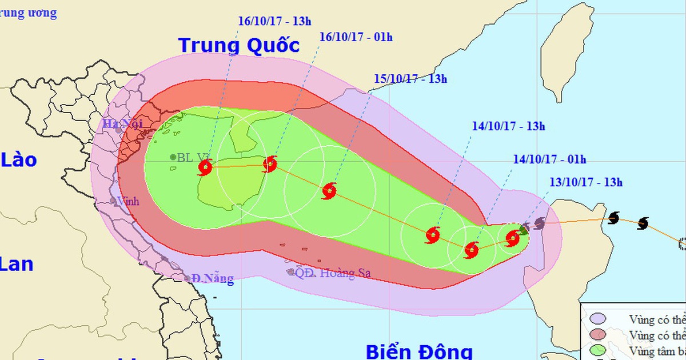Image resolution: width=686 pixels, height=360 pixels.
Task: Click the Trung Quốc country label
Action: pyautogui.click(x=239, y=45)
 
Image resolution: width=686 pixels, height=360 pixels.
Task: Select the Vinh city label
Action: pyautogui.click(x=127, y=201)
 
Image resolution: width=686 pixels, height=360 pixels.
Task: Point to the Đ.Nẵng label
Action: pyautogui.click(x=212, y=279)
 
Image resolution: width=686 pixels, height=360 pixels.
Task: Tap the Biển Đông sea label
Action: pyautogui.click(x=419, y=350)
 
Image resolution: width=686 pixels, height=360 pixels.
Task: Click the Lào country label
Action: pyautogui.click(x=18, y=160)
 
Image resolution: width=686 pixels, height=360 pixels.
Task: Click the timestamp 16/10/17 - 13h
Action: pyautogui.click(x=267, y=21)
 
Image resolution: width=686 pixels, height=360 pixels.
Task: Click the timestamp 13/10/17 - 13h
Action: pyautogui.click(x=586, y=183)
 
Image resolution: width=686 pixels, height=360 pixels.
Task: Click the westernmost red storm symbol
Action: pyautogui.click(x=205, y=167)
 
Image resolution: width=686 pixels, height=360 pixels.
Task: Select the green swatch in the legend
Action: pyautogui.click(x=599, y=350)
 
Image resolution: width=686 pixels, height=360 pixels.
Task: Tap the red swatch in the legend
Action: pyautogui.click(x=599, y=334)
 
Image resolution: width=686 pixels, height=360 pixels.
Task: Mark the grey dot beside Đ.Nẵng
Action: pyautogui.click(x=187, y=279)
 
